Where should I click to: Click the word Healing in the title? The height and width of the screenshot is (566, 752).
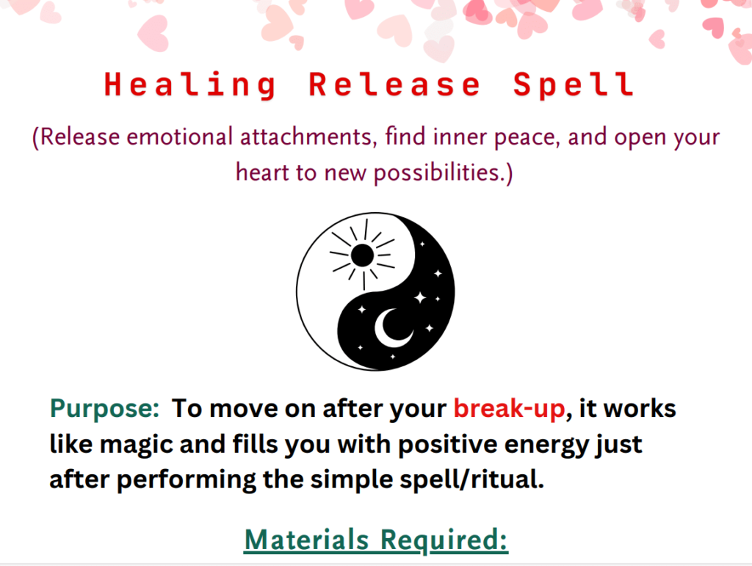tap(190, 85)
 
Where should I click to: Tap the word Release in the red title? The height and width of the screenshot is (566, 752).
tap(394, 84)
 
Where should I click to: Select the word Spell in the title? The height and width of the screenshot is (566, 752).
tap(574, 85)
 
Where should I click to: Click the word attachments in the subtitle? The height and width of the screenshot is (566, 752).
tap(306, 137)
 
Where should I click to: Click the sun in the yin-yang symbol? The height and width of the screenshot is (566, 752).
tap(363, 255)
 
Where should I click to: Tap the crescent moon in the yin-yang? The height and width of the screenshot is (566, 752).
tap(394, 328)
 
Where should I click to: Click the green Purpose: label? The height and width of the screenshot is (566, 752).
tap(104, 410)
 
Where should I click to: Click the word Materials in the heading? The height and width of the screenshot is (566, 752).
tap(306, 540)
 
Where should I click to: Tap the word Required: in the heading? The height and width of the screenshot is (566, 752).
tap(444, 541)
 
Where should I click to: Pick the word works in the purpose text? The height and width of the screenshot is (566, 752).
tap(640, 410)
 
